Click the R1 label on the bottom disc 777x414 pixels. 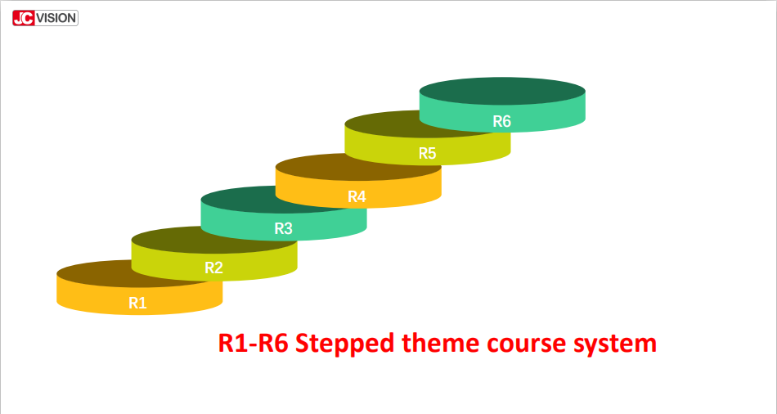(x=137, y=303)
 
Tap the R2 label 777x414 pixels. (x=214, y=268)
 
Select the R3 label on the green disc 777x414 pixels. (x=284, y=228)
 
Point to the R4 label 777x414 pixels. (x=357, y=197)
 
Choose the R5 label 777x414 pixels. (x=427, y=153)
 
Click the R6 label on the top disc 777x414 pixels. (x=501, y=121)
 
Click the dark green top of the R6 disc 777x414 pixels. (x=502, y=91)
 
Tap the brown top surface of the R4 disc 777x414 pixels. (x=357, y=167)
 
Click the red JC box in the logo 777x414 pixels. (x=24, y=18)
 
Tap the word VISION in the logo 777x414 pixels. (x=56, y=18)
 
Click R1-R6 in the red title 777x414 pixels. (x=254, y=343)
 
